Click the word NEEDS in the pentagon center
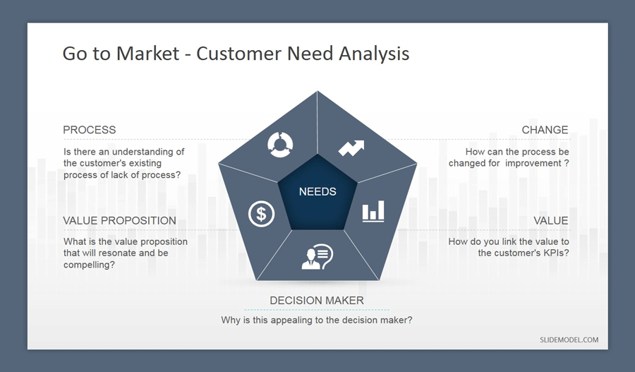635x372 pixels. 317,191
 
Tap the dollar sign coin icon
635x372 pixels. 261,213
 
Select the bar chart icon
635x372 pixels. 373,211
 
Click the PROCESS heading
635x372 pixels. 89,130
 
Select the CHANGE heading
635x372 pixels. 545,130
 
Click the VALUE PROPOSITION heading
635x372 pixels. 119,221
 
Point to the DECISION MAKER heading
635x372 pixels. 317,301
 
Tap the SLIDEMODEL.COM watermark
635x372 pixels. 569,340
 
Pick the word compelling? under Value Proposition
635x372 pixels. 90,265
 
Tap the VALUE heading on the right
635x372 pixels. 550,221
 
